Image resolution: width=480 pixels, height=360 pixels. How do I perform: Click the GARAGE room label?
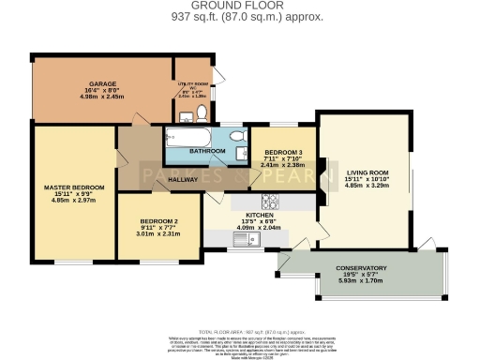tap(102, 83)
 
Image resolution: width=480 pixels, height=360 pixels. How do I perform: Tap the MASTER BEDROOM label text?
tap(74, 187)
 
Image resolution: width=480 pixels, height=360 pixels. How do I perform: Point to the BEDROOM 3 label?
tap(282, 152)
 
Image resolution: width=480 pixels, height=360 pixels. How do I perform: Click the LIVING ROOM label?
tap(367, 172)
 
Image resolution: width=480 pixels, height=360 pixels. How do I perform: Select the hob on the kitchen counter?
tap(269, 200)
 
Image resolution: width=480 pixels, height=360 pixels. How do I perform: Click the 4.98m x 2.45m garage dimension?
tap(102, 96)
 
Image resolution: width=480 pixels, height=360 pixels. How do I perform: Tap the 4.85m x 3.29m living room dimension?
tap(367, 186)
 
